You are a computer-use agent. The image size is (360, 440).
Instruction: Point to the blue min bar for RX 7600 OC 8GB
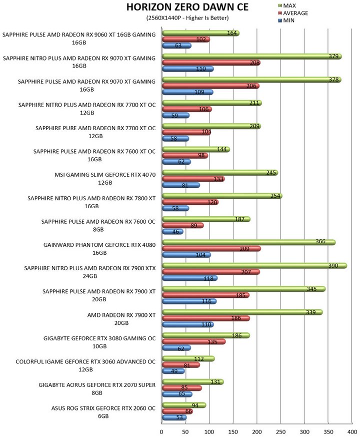coord(172,232)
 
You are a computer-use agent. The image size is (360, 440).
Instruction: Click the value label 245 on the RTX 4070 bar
coord(271,172)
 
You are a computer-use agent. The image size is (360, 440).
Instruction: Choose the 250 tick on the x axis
coord(280,431)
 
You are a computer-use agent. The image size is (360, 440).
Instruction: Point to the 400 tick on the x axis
coord(352,431)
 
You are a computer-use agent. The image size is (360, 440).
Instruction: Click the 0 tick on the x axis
coord(162,431)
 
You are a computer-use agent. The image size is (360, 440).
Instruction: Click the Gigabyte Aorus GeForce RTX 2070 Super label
coord(97,389)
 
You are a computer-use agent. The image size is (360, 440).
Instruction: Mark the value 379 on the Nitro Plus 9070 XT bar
coord(335,57)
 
